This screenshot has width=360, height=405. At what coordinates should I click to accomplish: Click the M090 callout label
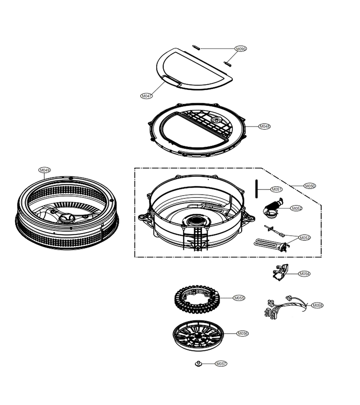pos(241,49)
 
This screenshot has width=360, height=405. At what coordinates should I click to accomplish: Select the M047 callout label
pos(146,96)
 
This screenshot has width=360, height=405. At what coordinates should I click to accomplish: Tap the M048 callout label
pos(265,126)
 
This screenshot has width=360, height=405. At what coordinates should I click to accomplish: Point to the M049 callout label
pos(45,170)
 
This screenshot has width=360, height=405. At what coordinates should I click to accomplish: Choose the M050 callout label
pos(310,186)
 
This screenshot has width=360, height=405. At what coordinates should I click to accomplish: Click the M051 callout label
pos(276,189)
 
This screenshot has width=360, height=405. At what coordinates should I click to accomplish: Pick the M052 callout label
pos(296,208)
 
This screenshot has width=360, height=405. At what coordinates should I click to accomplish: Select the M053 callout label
pos(305,237)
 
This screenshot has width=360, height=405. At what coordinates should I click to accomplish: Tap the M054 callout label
pos(304,274)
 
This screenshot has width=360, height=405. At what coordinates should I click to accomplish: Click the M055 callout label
pos(239,298)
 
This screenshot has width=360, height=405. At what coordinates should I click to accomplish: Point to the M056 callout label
pos(243,333)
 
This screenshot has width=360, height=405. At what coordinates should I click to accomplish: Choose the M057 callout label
pos(221,364)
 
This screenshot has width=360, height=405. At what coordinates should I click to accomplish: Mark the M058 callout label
pos(317,305)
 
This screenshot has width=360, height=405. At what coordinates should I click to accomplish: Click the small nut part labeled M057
pos(198,364)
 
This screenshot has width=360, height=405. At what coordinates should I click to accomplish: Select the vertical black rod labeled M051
pos(256,189)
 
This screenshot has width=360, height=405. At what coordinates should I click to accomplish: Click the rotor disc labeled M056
pos(198,336)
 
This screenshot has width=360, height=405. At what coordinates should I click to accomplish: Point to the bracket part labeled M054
pos(280,273)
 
